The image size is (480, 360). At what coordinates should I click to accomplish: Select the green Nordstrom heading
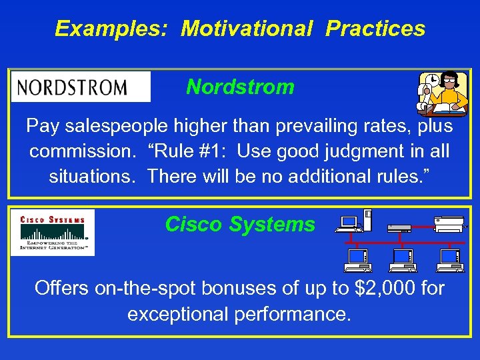point(240,87)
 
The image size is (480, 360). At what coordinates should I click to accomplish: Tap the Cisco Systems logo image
point(53,233)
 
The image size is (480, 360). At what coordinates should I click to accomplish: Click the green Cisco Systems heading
point(240,225)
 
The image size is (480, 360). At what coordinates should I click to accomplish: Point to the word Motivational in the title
point(247,29)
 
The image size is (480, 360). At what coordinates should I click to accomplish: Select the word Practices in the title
point(375,29)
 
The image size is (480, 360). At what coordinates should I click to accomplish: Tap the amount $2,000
point(379,289)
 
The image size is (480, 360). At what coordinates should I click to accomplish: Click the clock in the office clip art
point(432,80)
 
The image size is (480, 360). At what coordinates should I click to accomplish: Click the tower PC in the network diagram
point(368,219)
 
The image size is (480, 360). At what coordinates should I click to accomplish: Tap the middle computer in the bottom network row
point(403,260)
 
